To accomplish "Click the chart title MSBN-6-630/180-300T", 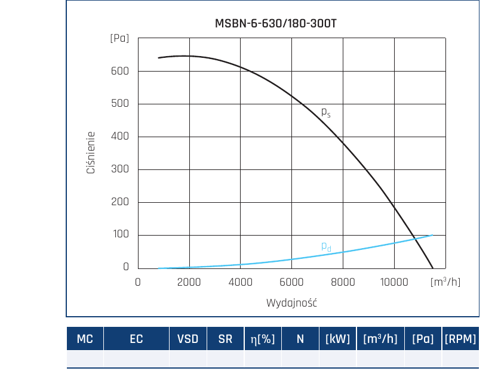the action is point(275,23).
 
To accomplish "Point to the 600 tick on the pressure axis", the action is point(120,71).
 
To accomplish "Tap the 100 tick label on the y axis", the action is point(121,234).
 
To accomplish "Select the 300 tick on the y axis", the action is point(120,169).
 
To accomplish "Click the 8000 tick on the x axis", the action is point(343,282).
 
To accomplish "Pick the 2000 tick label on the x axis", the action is point(189,282).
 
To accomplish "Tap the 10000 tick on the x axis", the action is point(394,282).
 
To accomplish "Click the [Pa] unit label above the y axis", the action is point(119,38).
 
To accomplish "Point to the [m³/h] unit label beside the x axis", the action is point(445,282).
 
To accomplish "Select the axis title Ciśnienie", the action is point(91,153).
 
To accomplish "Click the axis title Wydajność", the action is point(291,303).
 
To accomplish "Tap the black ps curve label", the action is point(326,112).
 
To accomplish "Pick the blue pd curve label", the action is point(326,246).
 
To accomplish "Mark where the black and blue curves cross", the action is point(414,239).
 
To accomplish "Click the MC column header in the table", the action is point(85,339).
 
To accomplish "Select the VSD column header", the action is point(187,339).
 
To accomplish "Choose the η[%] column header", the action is point(263,339).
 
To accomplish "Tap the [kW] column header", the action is point(337,339).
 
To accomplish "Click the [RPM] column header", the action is point(460,339).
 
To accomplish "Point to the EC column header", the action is point(136,339).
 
